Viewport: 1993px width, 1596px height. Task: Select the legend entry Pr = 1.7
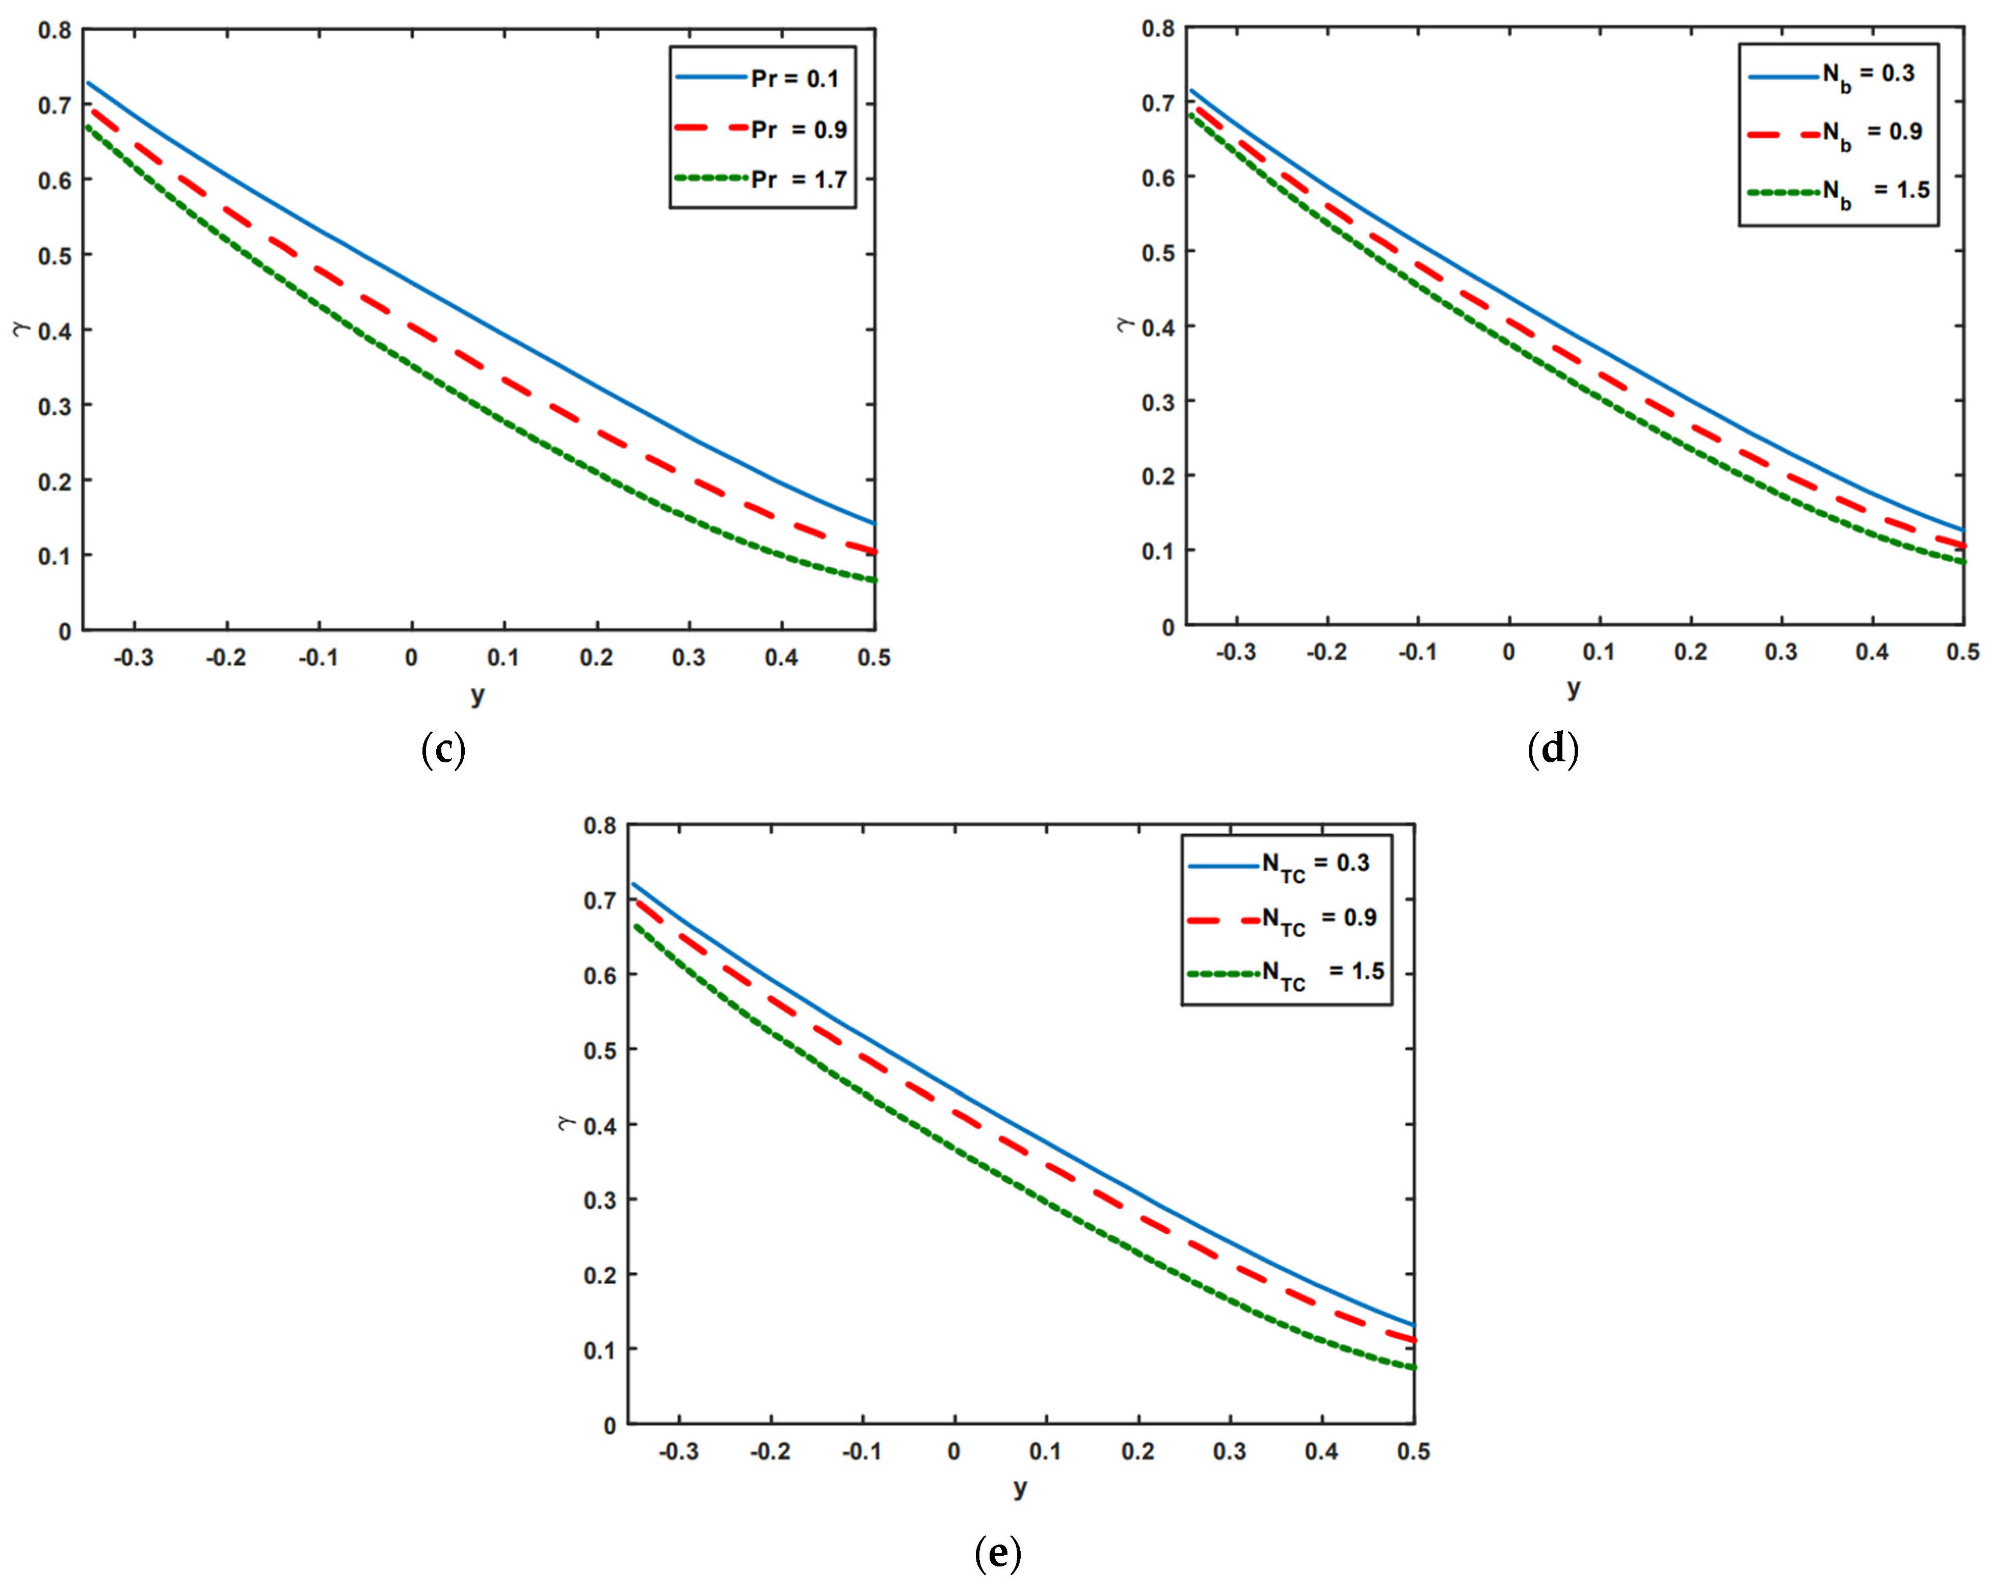tap(799, 179)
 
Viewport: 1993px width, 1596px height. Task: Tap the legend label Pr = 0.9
tap(799, 129)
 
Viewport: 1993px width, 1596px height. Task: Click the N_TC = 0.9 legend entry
tap(1319, 919)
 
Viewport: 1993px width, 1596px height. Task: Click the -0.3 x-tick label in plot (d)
tap(1236, 652)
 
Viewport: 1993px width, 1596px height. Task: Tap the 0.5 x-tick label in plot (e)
tap(1413, 1452)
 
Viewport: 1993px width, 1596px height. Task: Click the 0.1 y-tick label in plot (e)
tap(600, 1350)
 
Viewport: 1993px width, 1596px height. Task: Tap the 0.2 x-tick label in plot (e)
tap(1138, 1452)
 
